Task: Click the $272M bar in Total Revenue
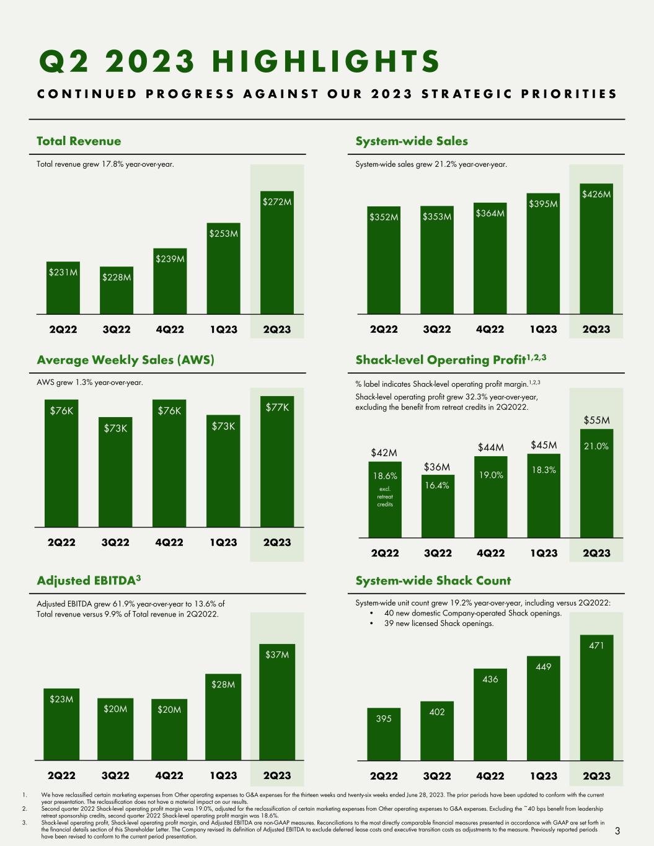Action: pyautogui.click(x=276, y=252)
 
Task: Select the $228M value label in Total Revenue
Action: pyautogui.click(x=117, y=277)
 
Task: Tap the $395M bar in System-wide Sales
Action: pyautogui.click(x=543, y=253)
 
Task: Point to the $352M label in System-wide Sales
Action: pyautogui.click(x=384, y=217)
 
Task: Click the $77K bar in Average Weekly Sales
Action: pyautogui.click(x=277, y=461)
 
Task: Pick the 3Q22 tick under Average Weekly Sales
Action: pyautogui.click(x=115, y=542)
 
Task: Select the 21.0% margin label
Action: pyautogui.click(x=596, y=447)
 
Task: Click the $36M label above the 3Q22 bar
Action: pyautogui.click(x=437, y=467)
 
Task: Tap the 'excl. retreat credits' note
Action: pyautogui.click(x=385, y=496)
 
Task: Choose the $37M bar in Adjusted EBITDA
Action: pyautogui.click(x=276, y=702)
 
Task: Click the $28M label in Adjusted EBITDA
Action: pyautogui.click(x=223, y=684)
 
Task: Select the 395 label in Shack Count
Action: pyautogui.click(x=384, y=718)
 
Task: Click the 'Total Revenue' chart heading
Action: pyautogui.click(x=79, y=141)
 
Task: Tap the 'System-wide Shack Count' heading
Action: pyautogui.click(x=433, y=581)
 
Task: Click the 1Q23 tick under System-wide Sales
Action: pyautogui.click(x=544, y=329)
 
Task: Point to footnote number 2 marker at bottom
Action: pyautogui.click(x=24, y=809)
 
